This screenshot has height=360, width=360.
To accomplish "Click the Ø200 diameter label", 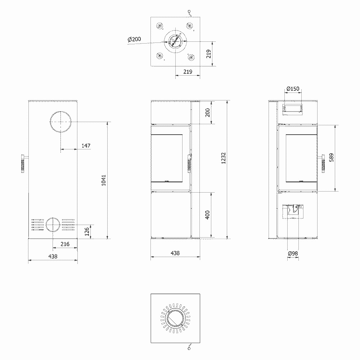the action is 134,39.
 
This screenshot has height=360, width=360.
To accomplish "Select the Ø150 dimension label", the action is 293,89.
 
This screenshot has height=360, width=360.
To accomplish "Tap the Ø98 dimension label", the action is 293,253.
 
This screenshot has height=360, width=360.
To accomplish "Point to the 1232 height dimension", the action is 224,158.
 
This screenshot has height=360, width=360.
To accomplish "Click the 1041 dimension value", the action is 104,180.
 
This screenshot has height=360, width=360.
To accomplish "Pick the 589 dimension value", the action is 331,158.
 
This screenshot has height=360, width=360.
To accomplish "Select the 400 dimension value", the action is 207,215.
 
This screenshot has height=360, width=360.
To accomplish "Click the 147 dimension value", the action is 86,145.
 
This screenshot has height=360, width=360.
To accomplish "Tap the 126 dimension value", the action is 87,231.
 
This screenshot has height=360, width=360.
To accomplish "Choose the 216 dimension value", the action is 65,244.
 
